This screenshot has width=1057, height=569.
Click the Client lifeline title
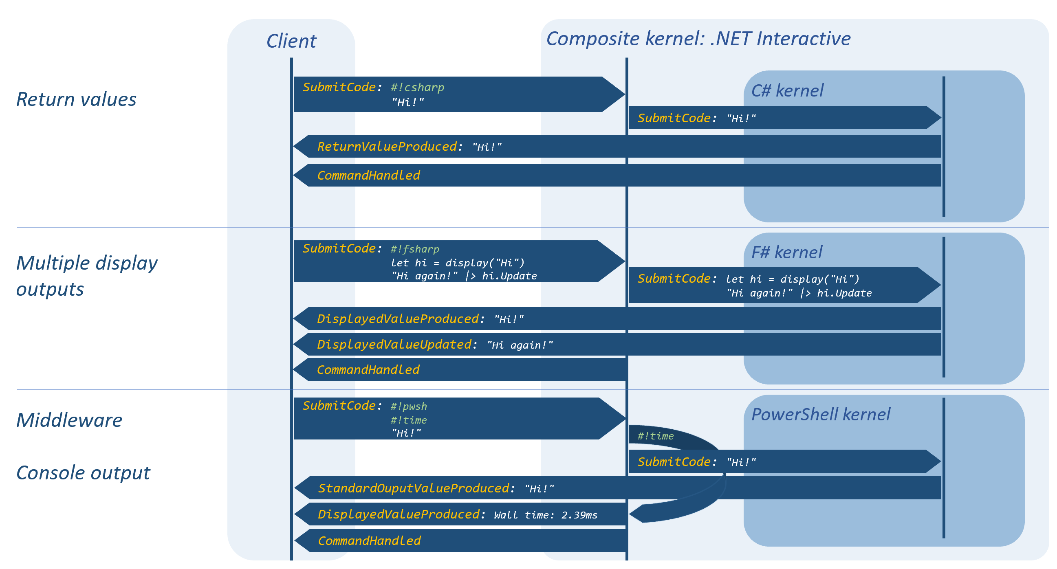point(291,41)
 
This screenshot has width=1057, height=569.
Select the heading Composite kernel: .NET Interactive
point(698,39)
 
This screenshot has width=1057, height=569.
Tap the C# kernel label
point(787,91)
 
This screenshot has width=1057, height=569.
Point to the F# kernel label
point(786,252)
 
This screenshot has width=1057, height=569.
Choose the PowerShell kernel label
point(821,414)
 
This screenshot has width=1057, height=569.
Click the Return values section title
point(76,99)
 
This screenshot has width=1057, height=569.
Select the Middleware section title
point(69,420)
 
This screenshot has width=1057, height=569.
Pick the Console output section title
point(83,473)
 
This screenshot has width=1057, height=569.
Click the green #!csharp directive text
point(417,88)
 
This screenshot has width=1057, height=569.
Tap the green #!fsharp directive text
point(415,249)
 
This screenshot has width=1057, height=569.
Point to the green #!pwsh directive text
point(409,406)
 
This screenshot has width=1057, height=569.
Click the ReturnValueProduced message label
point(387,147)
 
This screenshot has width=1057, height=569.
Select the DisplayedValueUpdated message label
point(394,345)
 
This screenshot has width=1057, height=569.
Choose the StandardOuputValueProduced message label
point(414,488)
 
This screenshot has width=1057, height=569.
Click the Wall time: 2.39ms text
point(546,515)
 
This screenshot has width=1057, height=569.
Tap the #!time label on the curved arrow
point(655,436)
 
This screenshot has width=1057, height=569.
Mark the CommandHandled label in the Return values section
point(368,176)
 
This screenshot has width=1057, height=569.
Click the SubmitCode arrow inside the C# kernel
point(784,118)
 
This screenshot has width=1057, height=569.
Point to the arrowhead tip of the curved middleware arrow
point(630,513)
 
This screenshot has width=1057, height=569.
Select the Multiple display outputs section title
point(87,276)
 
